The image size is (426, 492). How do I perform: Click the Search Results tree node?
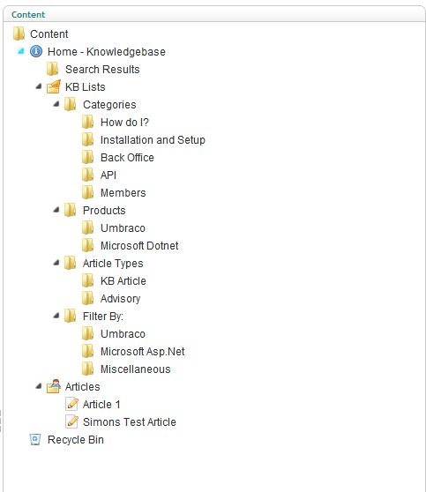pos(102,70)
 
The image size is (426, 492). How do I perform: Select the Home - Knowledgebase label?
pos(107,52)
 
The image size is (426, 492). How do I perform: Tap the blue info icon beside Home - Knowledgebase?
pos(36,51)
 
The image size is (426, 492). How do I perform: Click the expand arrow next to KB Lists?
pos(39,86)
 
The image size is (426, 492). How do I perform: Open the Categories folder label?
pos(109,105)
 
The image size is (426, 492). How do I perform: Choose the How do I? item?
pos(124,122)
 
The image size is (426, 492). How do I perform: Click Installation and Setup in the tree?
pos(153,140)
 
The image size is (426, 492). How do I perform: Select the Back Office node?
pos(127,158)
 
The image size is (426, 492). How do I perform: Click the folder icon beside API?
pos(87,175)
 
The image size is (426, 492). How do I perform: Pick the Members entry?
pos(123,193)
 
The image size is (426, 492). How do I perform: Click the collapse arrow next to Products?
pos(56,210)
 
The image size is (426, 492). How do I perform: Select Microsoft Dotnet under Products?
pos(139,246)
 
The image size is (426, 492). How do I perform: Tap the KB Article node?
pos(123,281)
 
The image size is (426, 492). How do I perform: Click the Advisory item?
pos(120,299)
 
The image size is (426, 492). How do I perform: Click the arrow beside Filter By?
pos(56,316)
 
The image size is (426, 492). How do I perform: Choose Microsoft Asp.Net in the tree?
pos(143,352)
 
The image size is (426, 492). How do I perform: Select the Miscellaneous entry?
pos(135,369)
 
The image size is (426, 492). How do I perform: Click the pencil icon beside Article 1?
pos(72,404)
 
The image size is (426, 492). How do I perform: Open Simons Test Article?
pos(130,422)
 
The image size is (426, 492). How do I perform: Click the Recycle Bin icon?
pos(35,439)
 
